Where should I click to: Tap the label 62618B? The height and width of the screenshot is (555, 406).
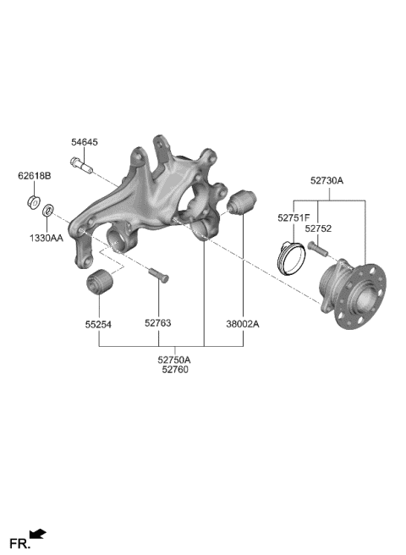pyautogui.click(x=35, y=177)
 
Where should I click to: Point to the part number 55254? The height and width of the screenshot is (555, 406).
pyautogui.click(x=100, y=323)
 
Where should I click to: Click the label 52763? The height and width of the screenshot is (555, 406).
pyautogui.click(x=158, y=323)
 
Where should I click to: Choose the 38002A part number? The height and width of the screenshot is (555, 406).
pyautogui.click(x=243, y=323)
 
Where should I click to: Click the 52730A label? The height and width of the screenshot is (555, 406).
pyautogui.click(x=326, y=180)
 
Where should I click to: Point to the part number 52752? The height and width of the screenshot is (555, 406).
pyautogui.click(x=318, y=228)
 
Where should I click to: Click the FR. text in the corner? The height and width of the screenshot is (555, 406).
pyautogui.click(x=19, y=541)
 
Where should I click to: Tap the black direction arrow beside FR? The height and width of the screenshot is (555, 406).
pyautogui.click(x=38, y=534)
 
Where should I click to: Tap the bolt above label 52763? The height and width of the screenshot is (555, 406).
pyautogui.click(x=158, y=274)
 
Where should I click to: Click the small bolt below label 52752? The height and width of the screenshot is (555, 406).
pyautogui.click(x=318, y=249)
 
